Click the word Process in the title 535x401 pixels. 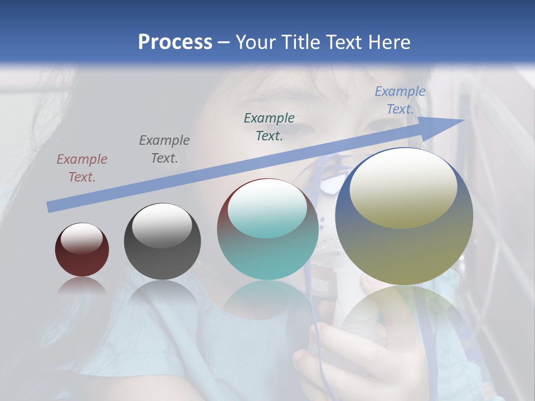[x=175, y=42]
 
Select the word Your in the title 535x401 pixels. [x=257, y=42]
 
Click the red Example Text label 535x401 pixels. [x=82, y=168]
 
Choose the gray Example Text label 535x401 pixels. [x=164, y=149]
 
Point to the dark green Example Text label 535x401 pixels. [x=269, y=126]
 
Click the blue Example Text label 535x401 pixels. [x=400, y=100]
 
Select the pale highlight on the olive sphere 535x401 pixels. [x=403, y=187]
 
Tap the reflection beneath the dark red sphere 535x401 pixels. [x=82, y=285]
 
